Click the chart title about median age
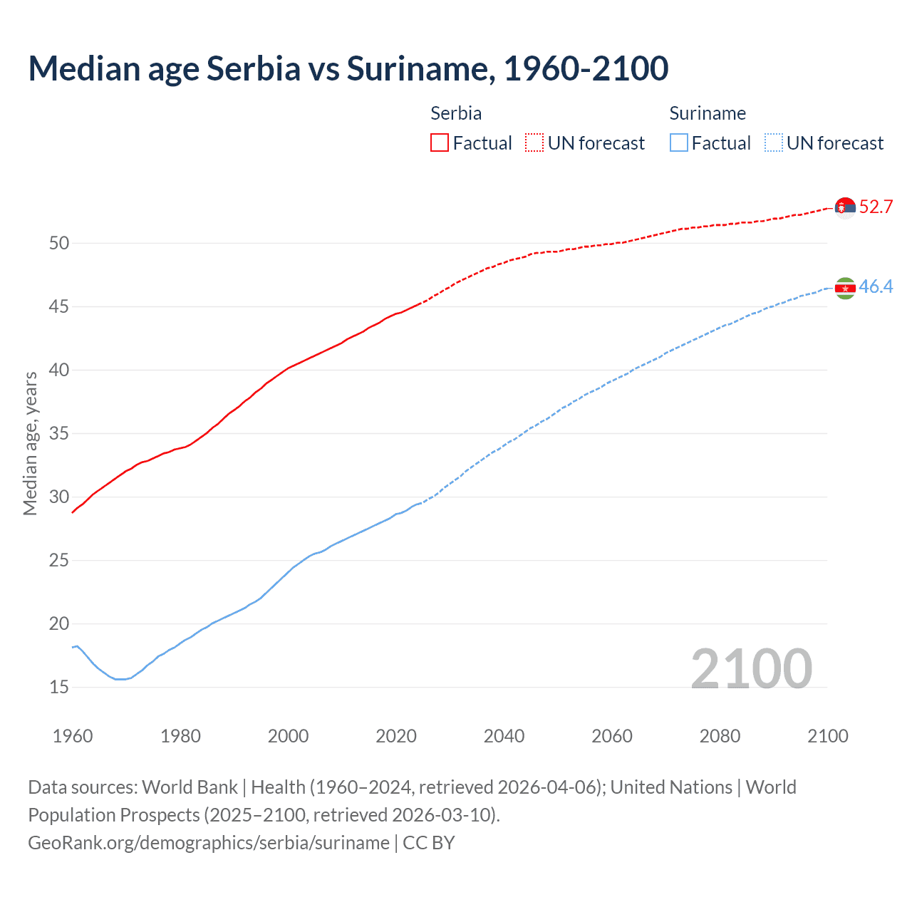(348, 68)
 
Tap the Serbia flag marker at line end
(845, 207)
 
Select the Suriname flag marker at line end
(845, 288)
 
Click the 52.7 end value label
(876, 207)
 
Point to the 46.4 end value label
(876, 287)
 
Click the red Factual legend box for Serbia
(440, 143)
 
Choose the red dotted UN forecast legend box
(534, 143)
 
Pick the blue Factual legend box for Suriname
(679, 143)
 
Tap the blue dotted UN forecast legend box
(774, 143)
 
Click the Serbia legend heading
(456, 113)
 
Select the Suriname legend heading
(708, 113)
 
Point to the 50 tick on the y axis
(59, 244)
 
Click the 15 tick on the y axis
(59, 688)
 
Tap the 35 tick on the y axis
(59, 434)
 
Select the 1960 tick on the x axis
(73, 736)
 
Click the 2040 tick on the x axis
(504, 736)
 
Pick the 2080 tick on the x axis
(720, 736)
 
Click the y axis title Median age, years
(31, 443)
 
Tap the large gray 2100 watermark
(751, 668)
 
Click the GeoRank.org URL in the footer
(209, 843)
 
